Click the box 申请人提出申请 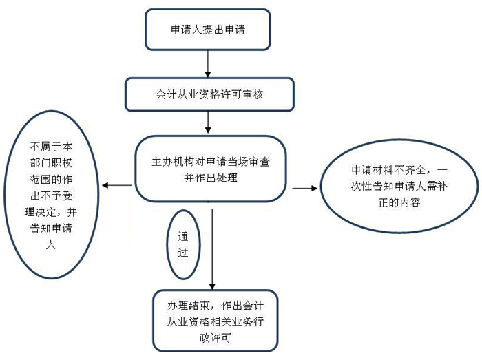(x=207, y=30)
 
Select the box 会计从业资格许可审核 (x=206, y=94)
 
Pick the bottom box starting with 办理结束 (x=216, y=319)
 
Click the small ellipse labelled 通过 (x=182, y=244)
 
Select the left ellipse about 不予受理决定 (x=51, y=195)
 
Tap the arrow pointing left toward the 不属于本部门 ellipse (x=117, y=186)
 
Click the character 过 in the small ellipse (x=182, y=253)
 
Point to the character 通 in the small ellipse (x=182, y=235)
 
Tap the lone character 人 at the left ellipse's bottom (x=50, y=260)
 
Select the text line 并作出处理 (x=211, y=178)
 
